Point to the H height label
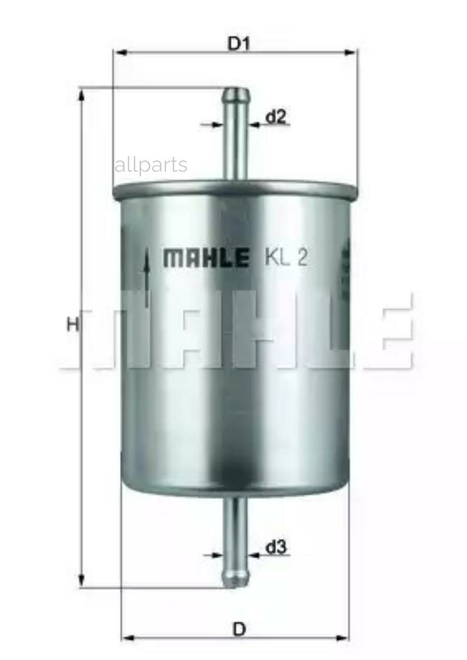click(x=73, y=325)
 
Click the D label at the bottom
click(x=238, y=629)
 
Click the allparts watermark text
click(x=150, y=165)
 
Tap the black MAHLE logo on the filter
click(x=205, y=257)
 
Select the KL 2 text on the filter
click(x=286, y=257)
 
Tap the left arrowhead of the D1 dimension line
click(x=120, y=52)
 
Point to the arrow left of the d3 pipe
click(x=214, y=555)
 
